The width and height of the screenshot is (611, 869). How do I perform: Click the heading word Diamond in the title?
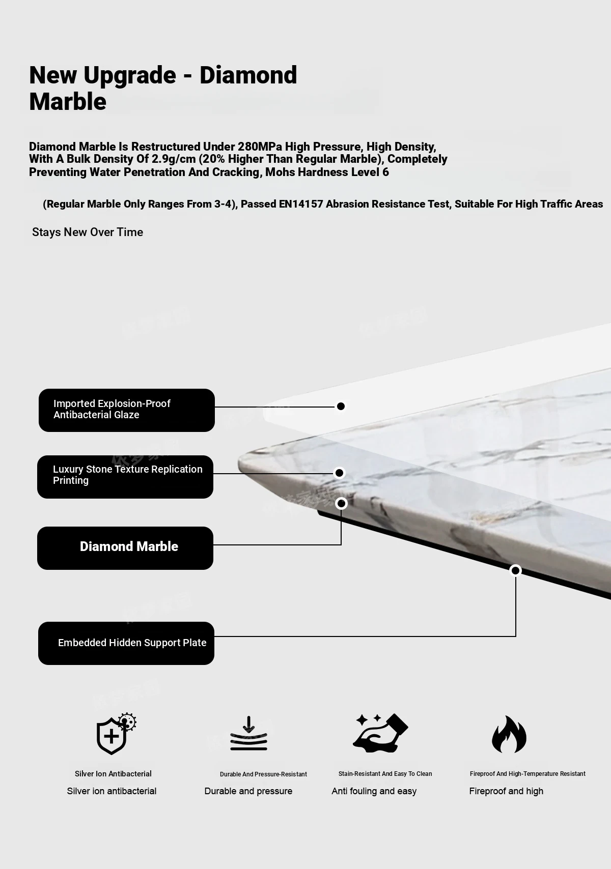click(x=248, y=75)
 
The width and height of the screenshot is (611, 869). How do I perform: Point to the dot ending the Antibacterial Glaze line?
click(x=341, y=406)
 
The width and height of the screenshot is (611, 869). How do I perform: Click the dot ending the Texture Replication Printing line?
click(x=339, y=473)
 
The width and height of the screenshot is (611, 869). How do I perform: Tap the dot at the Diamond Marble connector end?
click(x=341, y=503)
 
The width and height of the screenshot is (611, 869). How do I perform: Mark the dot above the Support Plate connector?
click(x=515, y=570)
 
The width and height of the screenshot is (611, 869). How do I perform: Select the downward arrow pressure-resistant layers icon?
click(x=248, y=734)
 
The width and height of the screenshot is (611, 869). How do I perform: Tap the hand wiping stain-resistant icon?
click(x=380, y=733)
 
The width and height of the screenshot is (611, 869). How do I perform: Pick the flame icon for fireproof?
click(x=509, y=735)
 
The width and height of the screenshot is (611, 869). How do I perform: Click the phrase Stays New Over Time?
click(x=88, y=233)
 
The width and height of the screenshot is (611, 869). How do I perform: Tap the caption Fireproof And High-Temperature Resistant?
click(x=527, y=774)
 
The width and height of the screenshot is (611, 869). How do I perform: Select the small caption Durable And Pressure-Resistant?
click(x=263, y=774)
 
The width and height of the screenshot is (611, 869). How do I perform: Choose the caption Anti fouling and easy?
click(x=374, y=791)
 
